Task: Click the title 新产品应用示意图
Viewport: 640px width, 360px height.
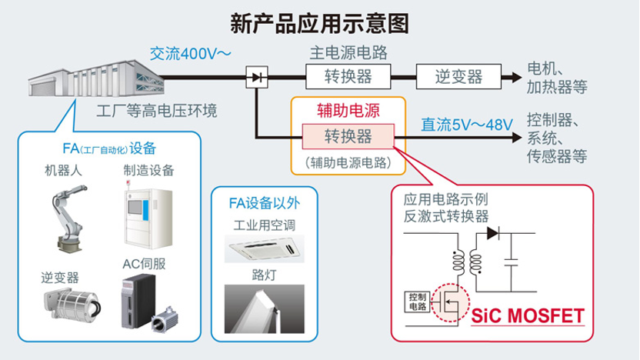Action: click(320, 22)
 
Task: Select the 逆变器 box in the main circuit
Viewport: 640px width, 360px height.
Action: click(458, 77)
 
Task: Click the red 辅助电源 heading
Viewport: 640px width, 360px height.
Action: click(348, 110)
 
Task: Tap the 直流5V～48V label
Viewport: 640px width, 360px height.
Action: click(467, 123)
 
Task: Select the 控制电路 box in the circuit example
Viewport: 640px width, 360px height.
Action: click(418, 301)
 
